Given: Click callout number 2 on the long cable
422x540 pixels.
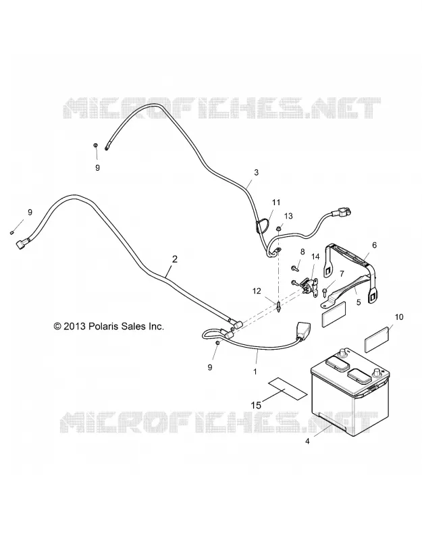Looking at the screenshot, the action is (x=175, y=259).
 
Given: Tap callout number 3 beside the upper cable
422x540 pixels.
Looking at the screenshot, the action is (x=256, y=172).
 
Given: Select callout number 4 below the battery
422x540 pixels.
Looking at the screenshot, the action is (x=308, y=441).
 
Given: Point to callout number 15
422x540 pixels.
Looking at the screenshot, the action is (x=257, y=406).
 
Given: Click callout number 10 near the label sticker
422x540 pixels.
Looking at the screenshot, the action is (x=398, y=317).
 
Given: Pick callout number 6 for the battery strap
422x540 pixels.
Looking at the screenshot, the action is (x=375, y=245).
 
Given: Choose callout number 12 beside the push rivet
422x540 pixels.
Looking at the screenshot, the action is (x=257, y=292).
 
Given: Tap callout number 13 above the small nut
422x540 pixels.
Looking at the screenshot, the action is (x=288, y=216).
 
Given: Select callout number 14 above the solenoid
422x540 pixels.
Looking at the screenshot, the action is (x=315, y=256).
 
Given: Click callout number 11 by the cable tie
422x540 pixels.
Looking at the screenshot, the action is (x=276, y=202).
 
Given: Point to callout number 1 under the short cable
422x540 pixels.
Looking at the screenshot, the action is (x=255, y=372).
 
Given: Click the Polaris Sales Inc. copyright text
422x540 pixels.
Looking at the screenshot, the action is (x=109, y=326).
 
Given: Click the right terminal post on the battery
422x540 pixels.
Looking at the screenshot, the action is (x=376, y=373).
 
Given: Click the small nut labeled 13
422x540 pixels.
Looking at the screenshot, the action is (x=279, y=229).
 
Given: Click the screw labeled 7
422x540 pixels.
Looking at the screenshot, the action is (x=325, y=291).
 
